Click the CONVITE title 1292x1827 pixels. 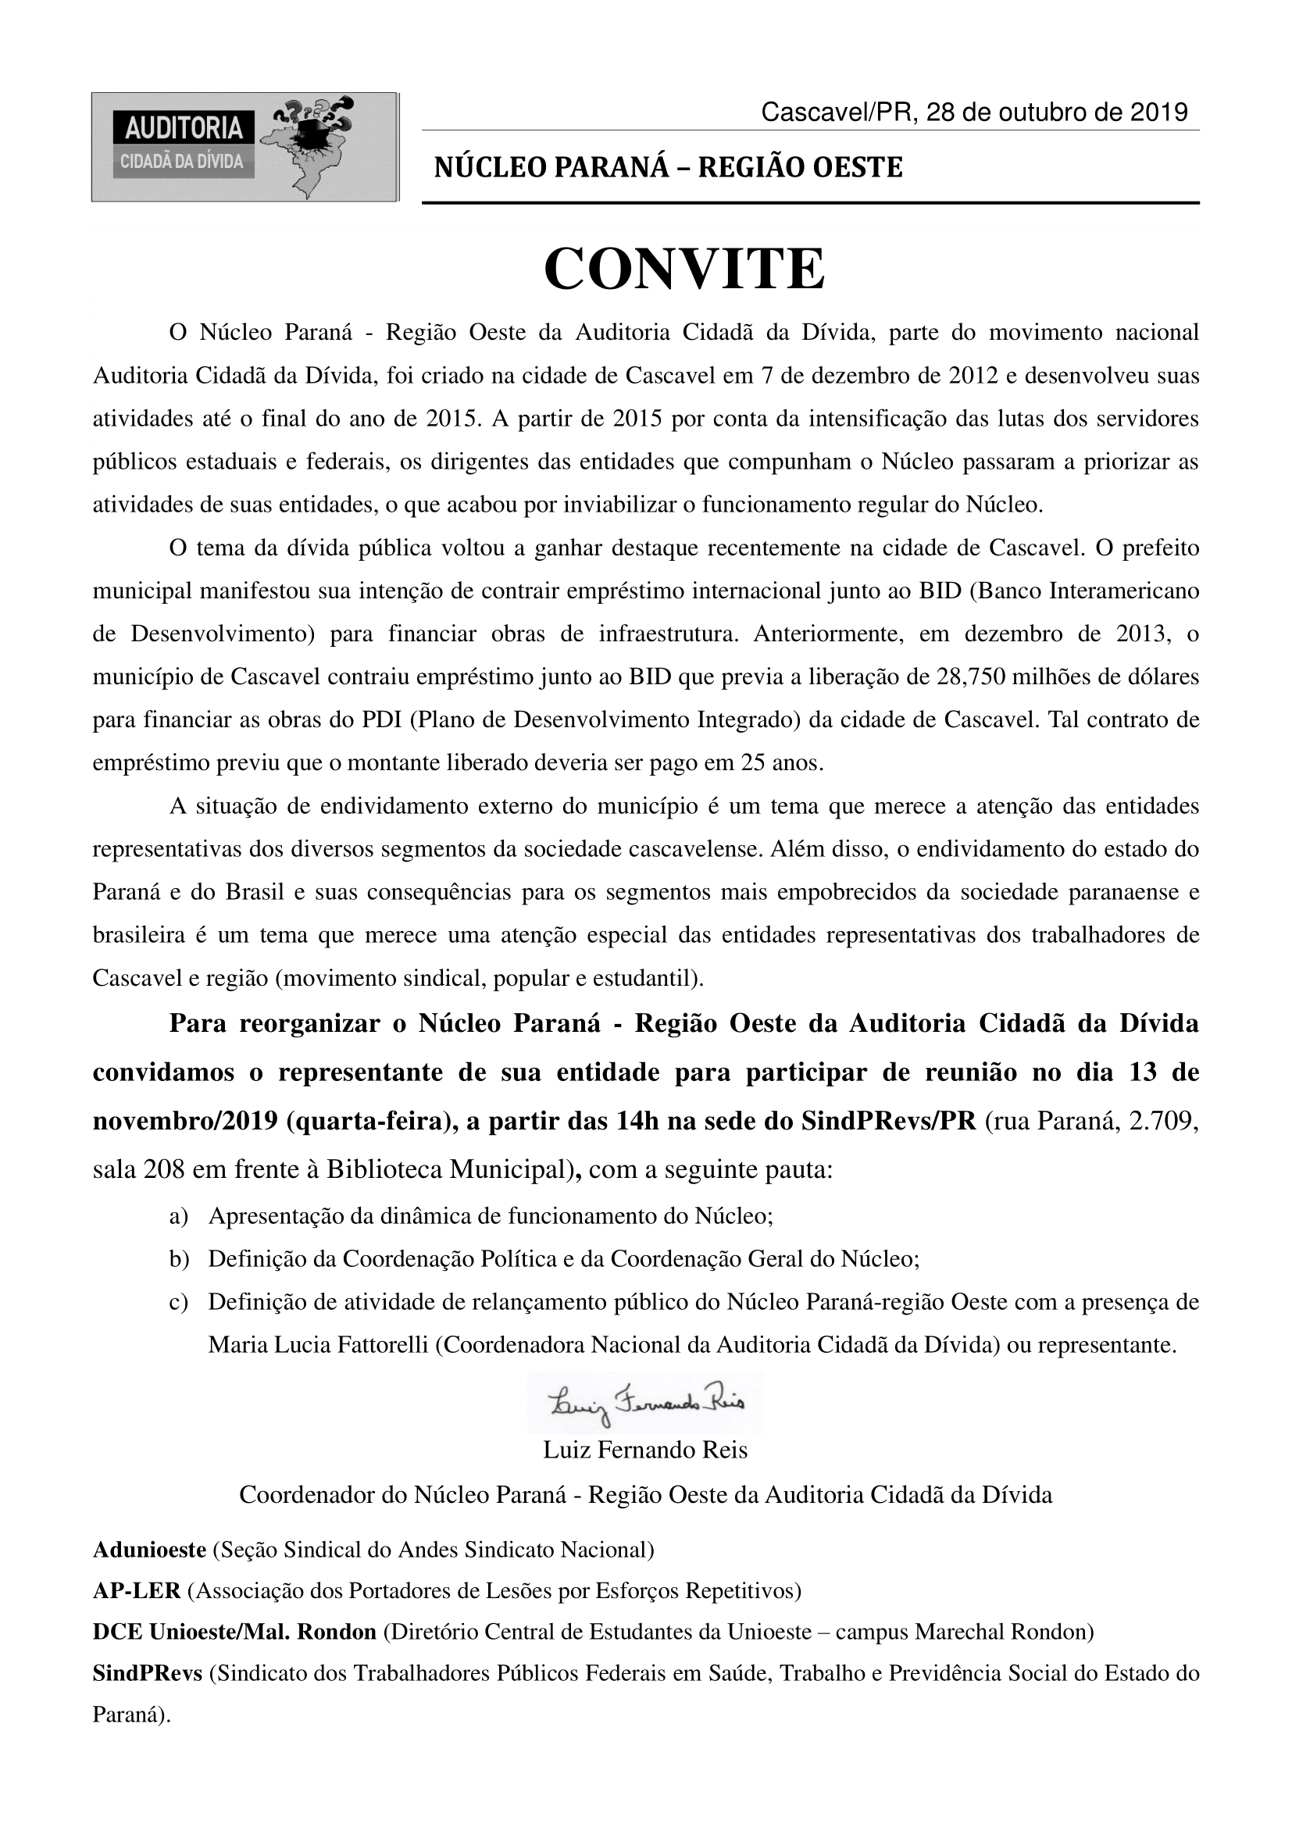pyautogui.click(x=684, y=269)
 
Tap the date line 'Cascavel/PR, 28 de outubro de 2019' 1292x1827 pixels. pyautogui.click(x=974, y=112)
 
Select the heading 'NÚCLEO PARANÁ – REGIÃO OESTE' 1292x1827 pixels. pyautogui.click(x=669, y=167)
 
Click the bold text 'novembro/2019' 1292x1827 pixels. pyautogui.click(x=184, y=1121)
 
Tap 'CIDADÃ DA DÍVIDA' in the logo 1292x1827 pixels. pyautogui.click(x=182, y=161)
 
